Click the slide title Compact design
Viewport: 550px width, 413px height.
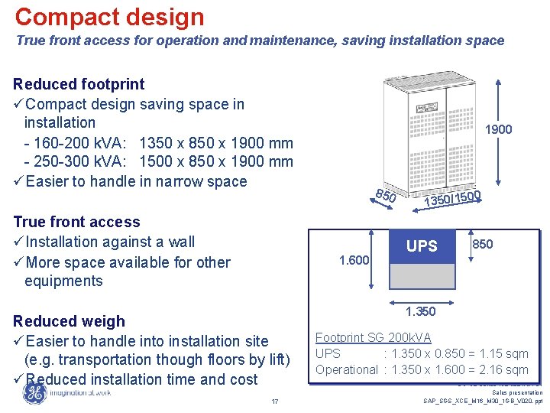click(x=109, y=17)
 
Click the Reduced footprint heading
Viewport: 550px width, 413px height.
click(x=79, y=83)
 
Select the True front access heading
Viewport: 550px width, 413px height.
click(x=76, y=222)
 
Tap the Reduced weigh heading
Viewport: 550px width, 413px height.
click(x=69, y=321)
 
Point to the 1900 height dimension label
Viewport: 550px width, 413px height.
click(x=498, y=129)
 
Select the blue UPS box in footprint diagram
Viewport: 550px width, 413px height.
click(x=422, y=246)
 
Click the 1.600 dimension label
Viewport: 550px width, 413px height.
click(x=354, y=261)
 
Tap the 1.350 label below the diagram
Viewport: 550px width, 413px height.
click(x=421, y=311)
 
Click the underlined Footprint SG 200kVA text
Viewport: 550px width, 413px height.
click(x=373, y=337)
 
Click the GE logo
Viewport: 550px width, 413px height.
click(x=34, y=392)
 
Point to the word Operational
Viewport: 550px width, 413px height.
click(x=347, y=369)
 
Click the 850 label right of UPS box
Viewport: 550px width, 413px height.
click(x=482, y=244)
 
